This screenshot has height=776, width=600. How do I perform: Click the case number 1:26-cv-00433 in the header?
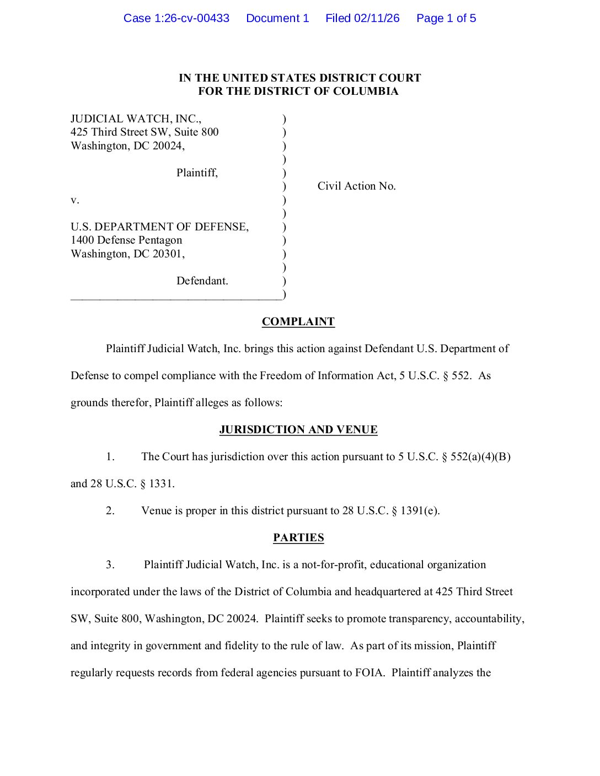(x=191, y=18)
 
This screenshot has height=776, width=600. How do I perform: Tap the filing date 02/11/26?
(x=377, y=18)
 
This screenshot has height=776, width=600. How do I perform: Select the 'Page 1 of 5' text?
(x=446, y=18)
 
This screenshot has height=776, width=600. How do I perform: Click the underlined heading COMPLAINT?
(x=298, y=322)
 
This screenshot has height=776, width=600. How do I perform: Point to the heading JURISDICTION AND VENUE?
(x=298, y=430)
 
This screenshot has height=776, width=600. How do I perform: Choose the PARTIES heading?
(x=298, y=538)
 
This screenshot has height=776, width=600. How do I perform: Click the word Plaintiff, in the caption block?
(x=197, y=173)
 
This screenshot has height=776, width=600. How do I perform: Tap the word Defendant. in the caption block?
(x=202, y=281)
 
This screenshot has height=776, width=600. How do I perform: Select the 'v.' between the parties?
(x=75, y=200)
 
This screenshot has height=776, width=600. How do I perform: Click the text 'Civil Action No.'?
(x=356, y=186)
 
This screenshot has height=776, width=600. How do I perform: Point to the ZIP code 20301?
(x=169, y=254)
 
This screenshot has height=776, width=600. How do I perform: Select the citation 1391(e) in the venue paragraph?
(x=420, y=511)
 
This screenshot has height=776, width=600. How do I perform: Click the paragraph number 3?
(x=110, y=565)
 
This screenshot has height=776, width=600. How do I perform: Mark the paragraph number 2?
(x=110, y=511)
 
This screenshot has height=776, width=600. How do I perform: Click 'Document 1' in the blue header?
(x=277, y=18)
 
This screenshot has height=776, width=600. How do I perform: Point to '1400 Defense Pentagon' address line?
(x=126, y=240)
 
